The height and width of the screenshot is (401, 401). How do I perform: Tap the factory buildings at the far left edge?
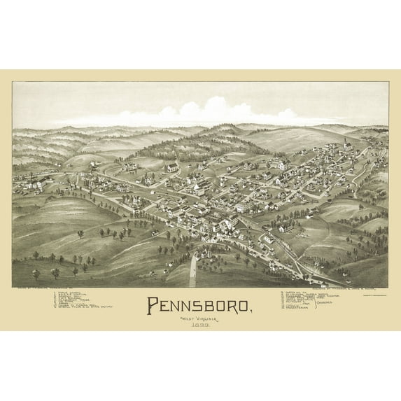28,185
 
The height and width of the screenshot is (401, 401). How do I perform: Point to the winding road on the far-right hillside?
364,175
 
